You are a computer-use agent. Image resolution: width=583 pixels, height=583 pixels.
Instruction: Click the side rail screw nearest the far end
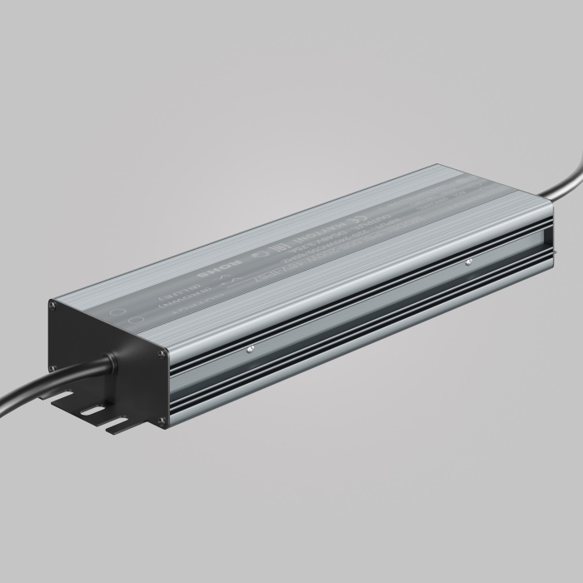click(468, 262)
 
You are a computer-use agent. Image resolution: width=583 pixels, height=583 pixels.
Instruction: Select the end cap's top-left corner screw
click(54, 305)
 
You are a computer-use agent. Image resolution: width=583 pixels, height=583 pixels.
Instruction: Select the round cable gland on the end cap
click(111, 362)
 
